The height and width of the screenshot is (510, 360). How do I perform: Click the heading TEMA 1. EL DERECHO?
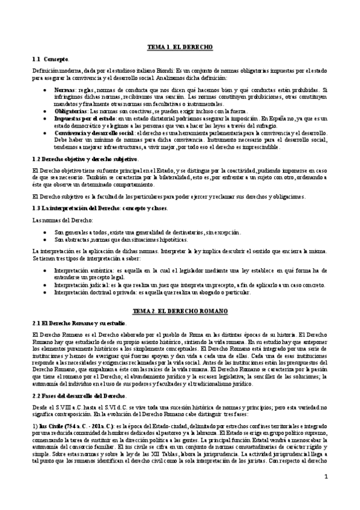[x=180, y=46]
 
